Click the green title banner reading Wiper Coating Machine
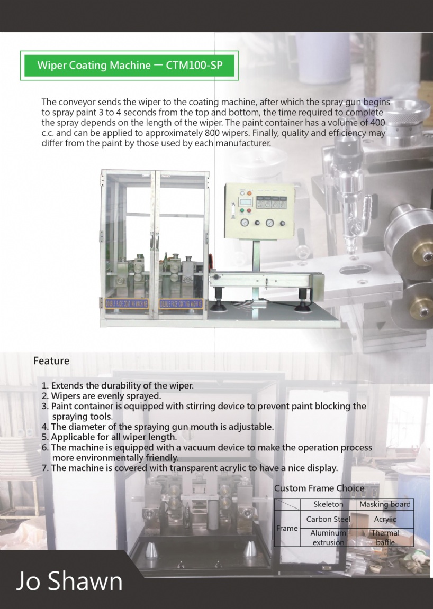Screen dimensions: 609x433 (x=129, y=66)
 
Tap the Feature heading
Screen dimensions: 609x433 (x=51, y=361)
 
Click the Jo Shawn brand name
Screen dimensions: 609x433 (x=69, y=581)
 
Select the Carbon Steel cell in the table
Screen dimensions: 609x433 (x=328, y=519)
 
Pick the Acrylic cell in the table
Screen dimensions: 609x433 (x=385, y=519)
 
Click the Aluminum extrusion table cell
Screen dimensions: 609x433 (x=328, y=538)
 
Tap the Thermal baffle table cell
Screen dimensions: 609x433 (x=385, y=538)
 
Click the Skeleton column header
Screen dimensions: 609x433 (x=328, y=504)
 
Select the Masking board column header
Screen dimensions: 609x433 (x=385, y=504)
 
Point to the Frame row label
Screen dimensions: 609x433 (x=287, y=528)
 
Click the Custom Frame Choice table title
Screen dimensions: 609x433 (x=319, y=488)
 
